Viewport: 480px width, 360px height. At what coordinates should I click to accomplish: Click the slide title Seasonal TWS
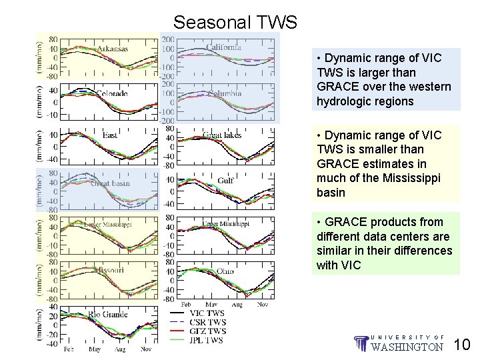point(235,23)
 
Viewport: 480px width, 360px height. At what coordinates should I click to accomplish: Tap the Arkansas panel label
point(113,49)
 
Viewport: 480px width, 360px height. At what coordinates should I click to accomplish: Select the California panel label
point(223,47)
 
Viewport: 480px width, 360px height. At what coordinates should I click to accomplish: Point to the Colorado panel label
point(111,93)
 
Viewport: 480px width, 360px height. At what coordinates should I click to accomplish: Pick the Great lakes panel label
point(222,135)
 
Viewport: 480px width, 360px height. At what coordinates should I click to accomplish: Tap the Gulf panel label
point(226,180)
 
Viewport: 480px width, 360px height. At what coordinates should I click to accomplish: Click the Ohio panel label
point(225,271)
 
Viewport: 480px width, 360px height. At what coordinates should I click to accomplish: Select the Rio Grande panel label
point(108,315)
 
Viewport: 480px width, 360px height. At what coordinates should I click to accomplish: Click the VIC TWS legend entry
point(207,313)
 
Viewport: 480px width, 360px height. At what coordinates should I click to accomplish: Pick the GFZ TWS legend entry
point(208,331)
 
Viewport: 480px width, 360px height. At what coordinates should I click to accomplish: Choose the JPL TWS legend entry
point(207,340)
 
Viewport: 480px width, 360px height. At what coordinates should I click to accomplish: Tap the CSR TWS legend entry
point(208,322)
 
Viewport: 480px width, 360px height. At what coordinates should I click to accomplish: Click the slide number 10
point(462,345)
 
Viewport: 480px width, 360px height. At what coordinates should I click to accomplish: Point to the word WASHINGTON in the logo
point(407,347)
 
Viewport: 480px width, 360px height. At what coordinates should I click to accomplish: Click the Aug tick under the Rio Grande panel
point(120,349)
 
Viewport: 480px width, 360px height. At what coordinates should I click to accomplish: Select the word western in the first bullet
point(431,87)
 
